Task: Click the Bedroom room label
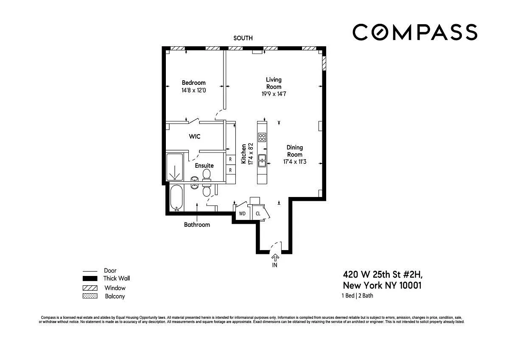[193, 82]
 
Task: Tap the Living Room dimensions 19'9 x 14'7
[274, 94]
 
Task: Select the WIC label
[195, 136]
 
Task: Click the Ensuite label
[204, 166]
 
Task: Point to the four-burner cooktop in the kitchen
[262, 137]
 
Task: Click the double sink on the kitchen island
[262, 160]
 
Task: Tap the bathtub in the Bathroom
[176, 198]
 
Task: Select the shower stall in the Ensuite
[175, 167]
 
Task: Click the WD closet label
[242, 214]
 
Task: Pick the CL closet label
[258, 214]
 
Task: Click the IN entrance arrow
[275, 258]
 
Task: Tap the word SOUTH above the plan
[243, 38]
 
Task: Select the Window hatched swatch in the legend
[90, 288]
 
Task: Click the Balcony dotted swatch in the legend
[90, 296]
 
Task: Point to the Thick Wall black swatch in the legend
[90, 278]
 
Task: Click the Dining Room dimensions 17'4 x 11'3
[295, 162]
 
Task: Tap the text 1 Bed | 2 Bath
[358, 295]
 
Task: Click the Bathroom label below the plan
[197, 225]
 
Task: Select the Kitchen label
[243, 154]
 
